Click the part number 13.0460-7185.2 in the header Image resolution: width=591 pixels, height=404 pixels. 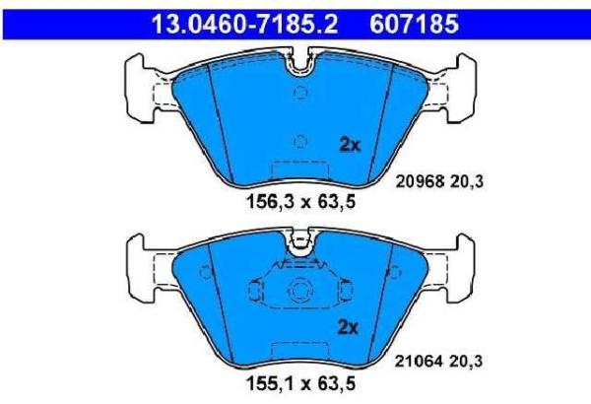coord(240,20)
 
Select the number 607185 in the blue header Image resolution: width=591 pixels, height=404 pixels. coord(415,20)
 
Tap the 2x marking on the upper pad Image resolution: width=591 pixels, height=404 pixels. coord(350,144)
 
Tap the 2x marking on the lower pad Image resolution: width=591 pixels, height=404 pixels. coord(350,326)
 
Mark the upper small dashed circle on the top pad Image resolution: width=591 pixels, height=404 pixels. coord(301,94)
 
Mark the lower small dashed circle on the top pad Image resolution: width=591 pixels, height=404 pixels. coord(301,141)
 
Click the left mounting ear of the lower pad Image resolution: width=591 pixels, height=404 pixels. coord(144,266)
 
